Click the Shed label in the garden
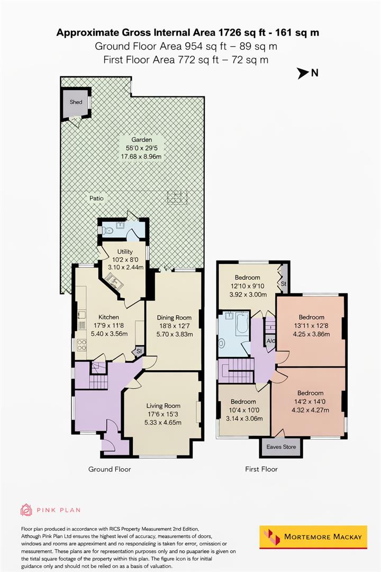point(76,102)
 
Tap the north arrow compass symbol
point(303,74)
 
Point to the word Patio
point(96,198)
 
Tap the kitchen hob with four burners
point(82,345)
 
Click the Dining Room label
point(174,317)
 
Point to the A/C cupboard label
point(270,341)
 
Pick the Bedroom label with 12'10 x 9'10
point(247,278)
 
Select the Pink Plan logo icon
point(26,510)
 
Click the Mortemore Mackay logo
point(313,537)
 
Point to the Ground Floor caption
point(109,469)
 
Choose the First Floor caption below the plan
point(261,469)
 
